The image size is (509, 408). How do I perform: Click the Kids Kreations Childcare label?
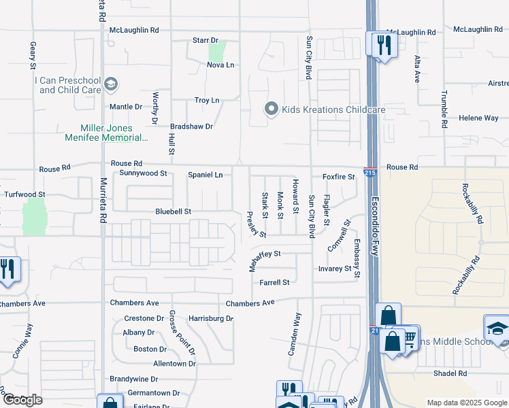pos(333,109)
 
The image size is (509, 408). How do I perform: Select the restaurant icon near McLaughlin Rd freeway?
pos(381,46)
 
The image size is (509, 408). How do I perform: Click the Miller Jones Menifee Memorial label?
pos(116,133)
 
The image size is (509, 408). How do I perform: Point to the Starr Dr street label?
pos(205,41)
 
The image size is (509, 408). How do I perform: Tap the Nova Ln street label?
pos(220,65)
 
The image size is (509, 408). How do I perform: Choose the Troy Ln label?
pos(207,100)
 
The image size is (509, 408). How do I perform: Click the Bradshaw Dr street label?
pos(191,126)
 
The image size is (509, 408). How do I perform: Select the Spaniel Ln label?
pos(205,175)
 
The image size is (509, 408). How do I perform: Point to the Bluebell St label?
pos(174,211)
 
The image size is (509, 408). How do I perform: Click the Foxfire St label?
pos(339,177)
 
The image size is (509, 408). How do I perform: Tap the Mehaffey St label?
pos(264,254)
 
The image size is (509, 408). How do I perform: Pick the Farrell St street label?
pos(274,282)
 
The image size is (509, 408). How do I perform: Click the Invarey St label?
pos(335,269)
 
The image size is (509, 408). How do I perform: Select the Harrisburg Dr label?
pos(211,318)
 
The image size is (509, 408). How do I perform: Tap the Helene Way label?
pos(478,118)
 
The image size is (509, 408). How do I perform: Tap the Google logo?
pos(22,400)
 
